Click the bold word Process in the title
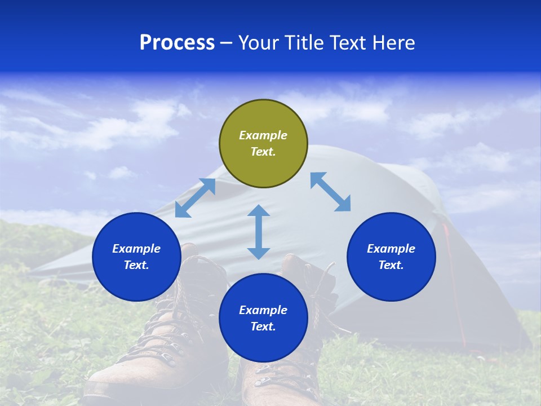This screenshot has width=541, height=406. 177,43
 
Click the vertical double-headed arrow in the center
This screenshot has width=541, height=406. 259,232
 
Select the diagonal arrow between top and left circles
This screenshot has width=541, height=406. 195,198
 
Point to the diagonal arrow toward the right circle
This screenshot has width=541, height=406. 330,192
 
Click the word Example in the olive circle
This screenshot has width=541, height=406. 263,135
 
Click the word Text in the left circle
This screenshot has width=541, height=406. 136,265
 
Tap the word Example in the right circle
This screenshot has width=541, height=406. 391,249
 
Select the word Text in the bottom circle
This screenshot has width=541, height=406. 263,326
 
